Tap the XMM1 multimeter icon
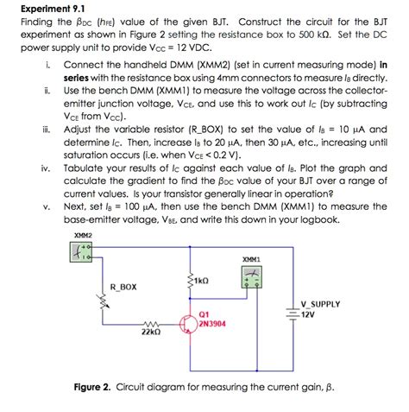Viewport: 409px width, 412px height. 253,275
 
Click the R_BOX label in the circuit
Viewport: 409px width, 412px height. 123,286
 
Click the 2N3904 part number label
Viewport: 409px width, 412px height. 212,323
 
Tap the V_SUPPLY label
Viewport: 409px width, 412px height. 320,304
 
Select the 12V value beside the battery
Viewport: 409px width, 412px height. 308,314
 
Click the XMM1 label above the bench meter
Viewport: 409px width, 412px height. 252,258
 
